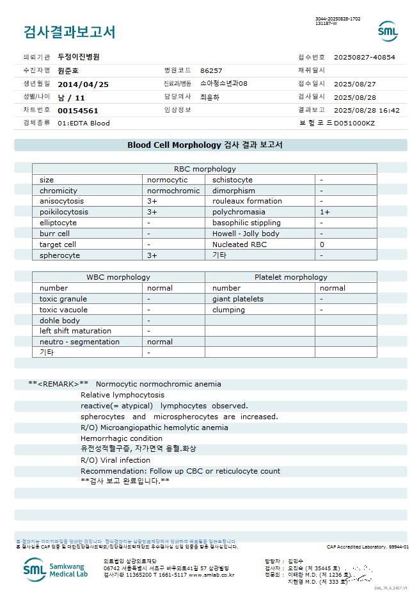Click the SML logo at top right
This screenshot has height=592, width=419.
pyautogui.click(x=388, y=31)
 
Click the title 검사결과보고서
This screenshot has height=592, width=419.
pyautogui.click(x=69, y=32)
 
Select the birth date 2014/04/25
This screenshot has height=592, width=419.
pyautogui.click(x=83, y=84)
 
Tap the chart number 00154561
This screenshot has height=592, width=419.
pyautogui.click(x=78, y=110)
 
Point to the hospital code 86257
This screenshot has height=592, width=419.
pyautogui.click(x=211, y=70)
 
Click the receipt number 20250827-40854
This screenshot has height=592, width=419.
pyautogui.click(x=364, y=57)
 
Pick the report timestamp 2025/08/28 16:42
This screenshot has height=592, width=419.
pyautogui.click(x=367, y=110)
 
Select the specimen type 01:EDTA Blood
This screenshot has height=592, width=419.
pyautogui.click(x=83, y=123)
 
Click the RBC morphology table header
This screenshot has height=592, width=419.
pyautogui.click(x=205, y=169)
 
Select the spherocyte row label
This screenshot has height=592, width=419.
pyautogui.click(x=59, y=255)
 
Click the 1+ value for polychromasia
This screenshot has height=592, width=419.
pyautogui.click(x=325, y=212)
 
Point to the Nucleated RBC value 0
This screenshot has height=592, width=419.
pyautogui.click(x=322, y=244)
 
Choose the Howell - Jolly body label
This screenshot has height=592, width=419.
pyautogui.click(x=246, y=234)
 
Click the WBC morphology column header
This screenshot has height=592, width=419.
pyautogui.click(x=118, y=277)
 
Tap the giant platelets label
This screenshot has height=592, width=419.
pyautogui.click(x=237, y=299)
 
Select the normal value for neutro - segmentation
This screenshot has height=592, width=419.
pyautogui.click(x=159, y=342)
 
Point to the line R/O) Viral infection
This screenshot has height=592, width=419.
pyautogui.click(x=115, y=460)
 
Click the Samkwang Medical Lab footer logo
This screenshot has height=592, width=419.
pyautogui.click(x=57, y=568)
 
